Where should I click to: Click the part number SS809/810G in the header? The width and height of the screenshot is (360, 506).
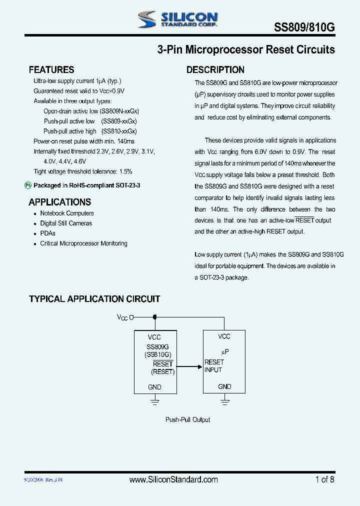tap(304, 28)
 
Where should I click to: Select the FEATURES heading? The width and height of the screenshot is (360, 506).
tap(51, 70)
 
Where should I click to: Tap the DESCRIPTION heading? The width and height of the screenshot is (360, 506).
tap(215, 70)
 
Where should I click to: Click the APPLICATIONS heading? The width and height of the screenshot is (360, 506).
tap(60, 202)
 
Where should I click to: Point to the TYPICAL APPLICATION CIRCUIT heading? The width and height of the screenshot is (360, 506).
tap(94, 299)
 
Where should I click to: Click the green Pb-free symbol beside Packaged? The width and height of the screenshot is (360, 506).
tap(28, 185)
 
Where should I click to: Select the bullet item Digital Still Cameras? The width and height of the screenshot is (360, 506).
tap(66, 223)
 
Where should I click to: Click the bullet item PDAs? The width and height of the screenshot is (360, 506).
tap(48, 233)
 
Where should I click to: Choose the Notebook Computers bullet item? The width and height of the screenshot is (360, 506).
tap(67, 213)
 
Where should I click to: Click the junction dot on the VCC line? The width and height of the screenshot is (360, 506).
tap(154, 316)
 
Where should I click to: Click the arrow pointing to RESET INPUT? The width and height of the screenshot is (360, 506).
tap(190, 366)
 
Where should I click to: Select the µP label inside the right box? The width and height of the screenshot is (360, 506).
tap(224, 352)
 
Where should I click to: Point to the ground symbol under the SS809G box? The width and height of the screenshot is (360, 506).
tap(155, 400)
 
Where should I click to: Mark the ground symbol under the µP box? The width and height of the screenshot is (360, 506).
tap(224, 400)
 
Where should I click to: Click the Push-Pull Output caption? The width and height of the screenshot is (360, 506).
tap(188, 420)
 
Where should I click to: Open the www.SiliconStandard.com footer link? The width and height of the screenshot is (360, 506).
tap(173, 479)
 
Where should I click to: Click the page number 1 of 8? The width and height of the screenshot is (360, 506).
tap(324, 479)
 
